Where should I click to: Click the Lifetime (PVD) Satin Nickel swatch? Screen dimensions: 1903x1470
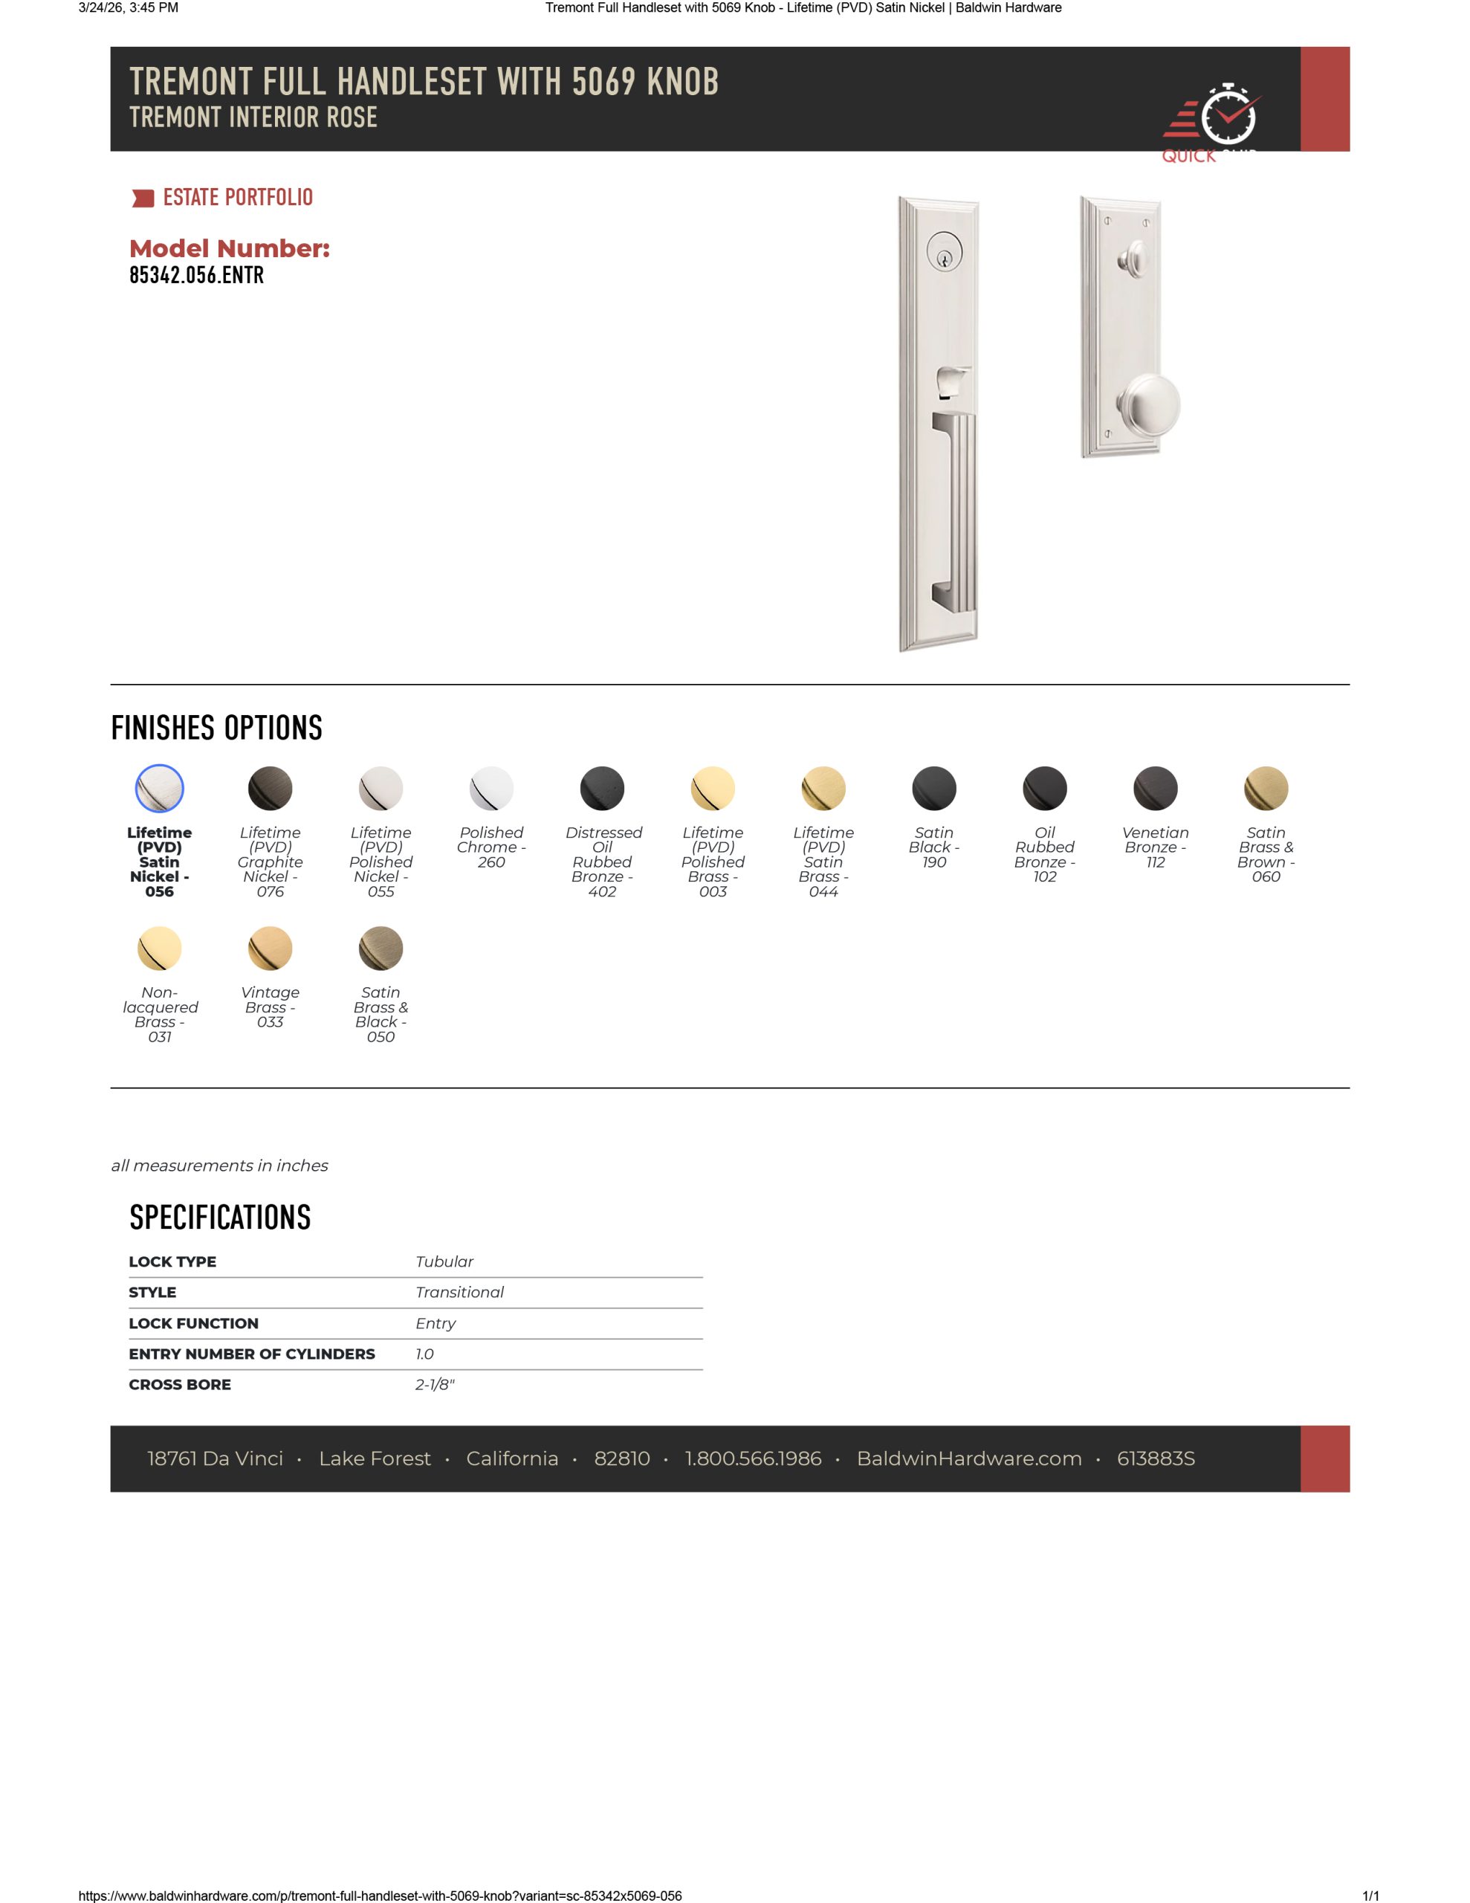(160, 789)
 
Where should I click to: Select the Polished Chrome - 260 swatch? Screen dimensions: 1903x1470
(491, 789)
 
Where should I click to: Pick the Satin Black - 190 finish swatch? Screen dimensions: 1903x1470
(933, 789)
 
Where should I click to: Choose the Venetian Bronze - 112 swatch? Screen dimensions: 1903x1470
(1155, 789)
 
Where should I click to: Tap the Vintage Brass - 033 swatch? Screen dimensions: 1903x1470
(270, 948)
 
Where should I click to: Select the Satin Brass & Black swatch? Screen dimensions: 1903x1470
(381, 948)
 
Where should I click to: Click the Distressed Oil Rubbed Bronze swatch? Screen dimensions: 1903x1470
(602, 789)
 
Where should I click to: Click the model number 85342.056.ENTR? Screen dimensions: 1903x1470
(196, 275)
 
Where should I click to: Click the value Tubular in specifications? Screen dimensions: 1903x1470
(444, 1261)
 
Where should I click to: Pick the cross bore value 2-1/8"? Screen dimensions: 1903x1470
(435, 1385)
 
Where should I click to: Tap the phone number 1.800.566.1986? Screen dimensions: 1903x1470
(753, 1458)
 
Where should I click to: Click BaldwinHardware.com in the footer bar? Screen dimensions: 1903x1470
(969, 1458)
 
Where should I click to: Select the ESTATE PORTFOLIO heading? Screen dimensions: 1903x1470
(237, 198)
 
